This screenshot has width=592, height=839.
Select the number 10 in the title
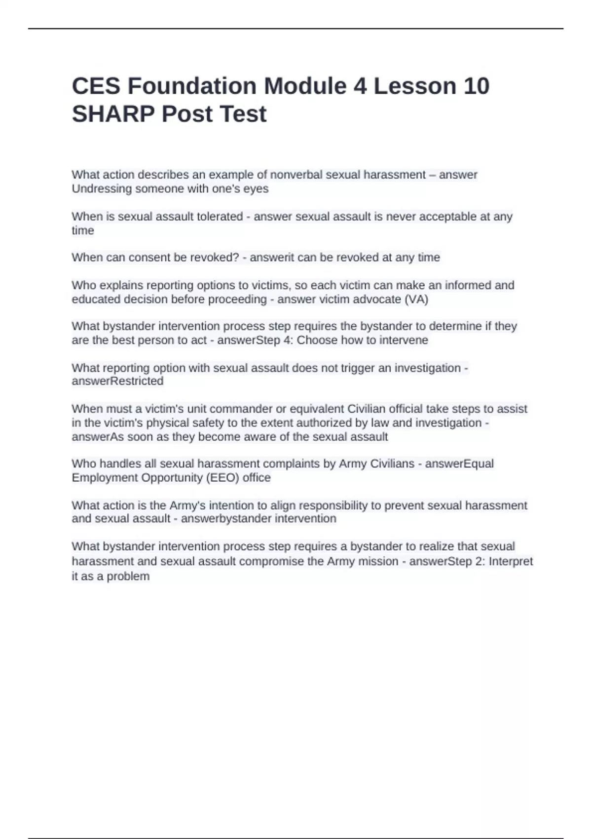476,86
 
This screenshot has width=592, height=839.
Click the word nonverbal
295,175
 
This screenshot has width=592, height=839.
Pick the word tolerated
220,216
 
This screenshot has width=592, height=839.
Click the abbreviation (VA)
416,299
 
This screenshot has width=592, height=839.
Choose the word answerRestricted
117,381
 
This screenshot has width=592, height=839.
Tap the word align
283,505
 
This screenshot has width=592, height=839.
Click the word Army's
188,505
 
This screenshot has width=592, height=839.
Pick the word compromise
271,561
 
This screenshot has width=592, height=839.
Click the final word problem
128,576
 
